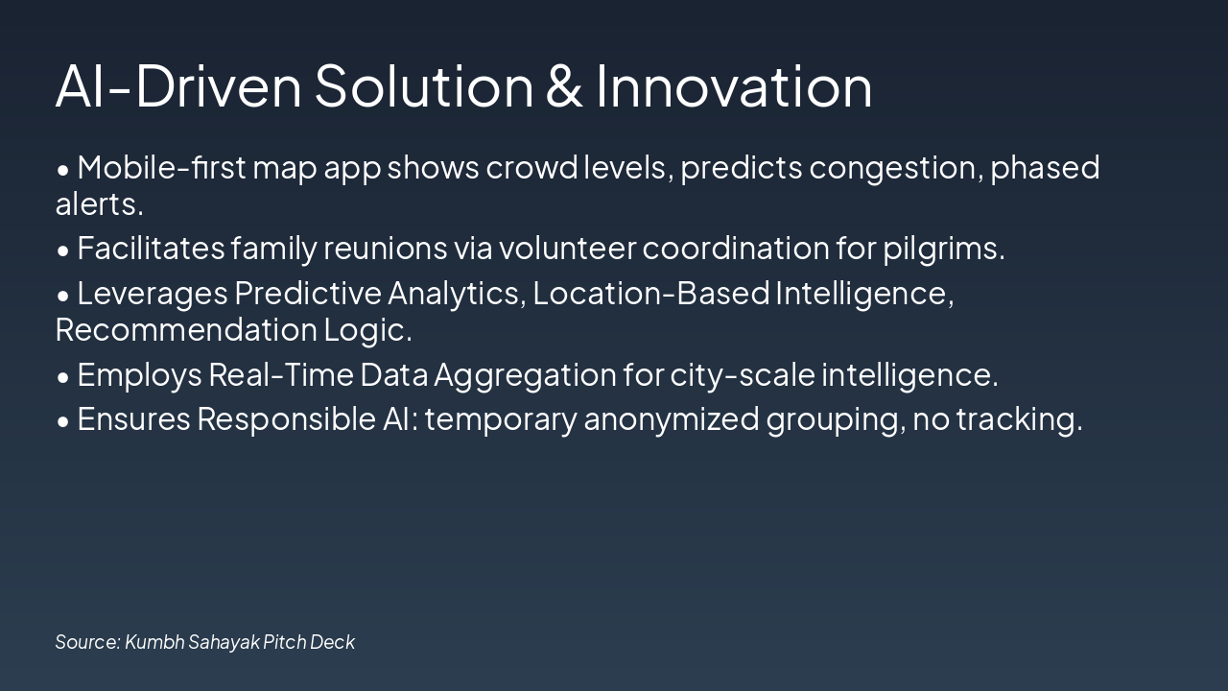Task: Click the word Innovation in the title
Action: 734,85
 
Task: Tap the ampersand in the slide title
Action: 564,85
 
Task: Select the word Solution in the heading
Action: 423,85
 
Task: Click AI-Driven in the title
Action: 178,85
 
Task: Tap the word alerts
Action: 99,204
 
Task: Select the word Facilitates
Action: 151,249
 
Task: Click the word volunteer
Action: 567,249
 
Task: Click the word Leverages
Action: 153,293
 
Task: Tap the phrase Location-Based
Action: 651,293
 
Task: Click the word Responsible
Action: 279,419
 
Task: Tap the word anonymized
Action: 671,419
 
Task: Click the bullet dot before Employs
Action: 63,376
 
